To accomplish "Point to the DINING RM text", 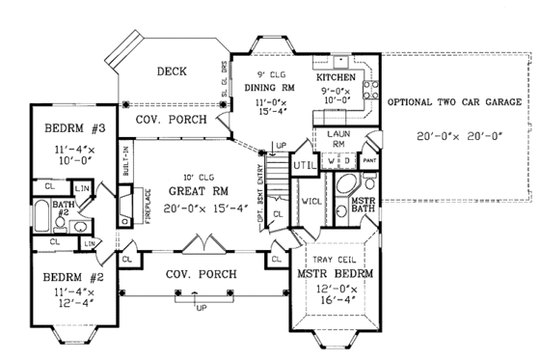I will [x=282, y=86].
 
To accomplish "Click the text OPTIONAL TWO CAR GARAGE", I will [x=453, y=101].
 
